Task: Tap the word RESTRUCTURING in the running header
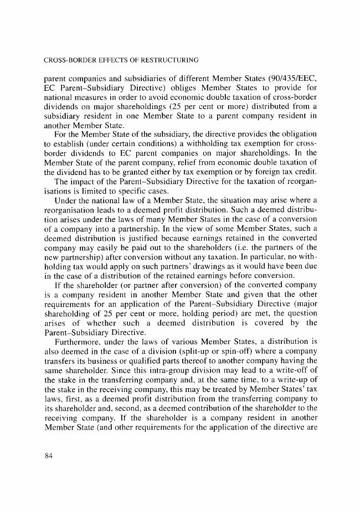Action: point(173,59)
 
